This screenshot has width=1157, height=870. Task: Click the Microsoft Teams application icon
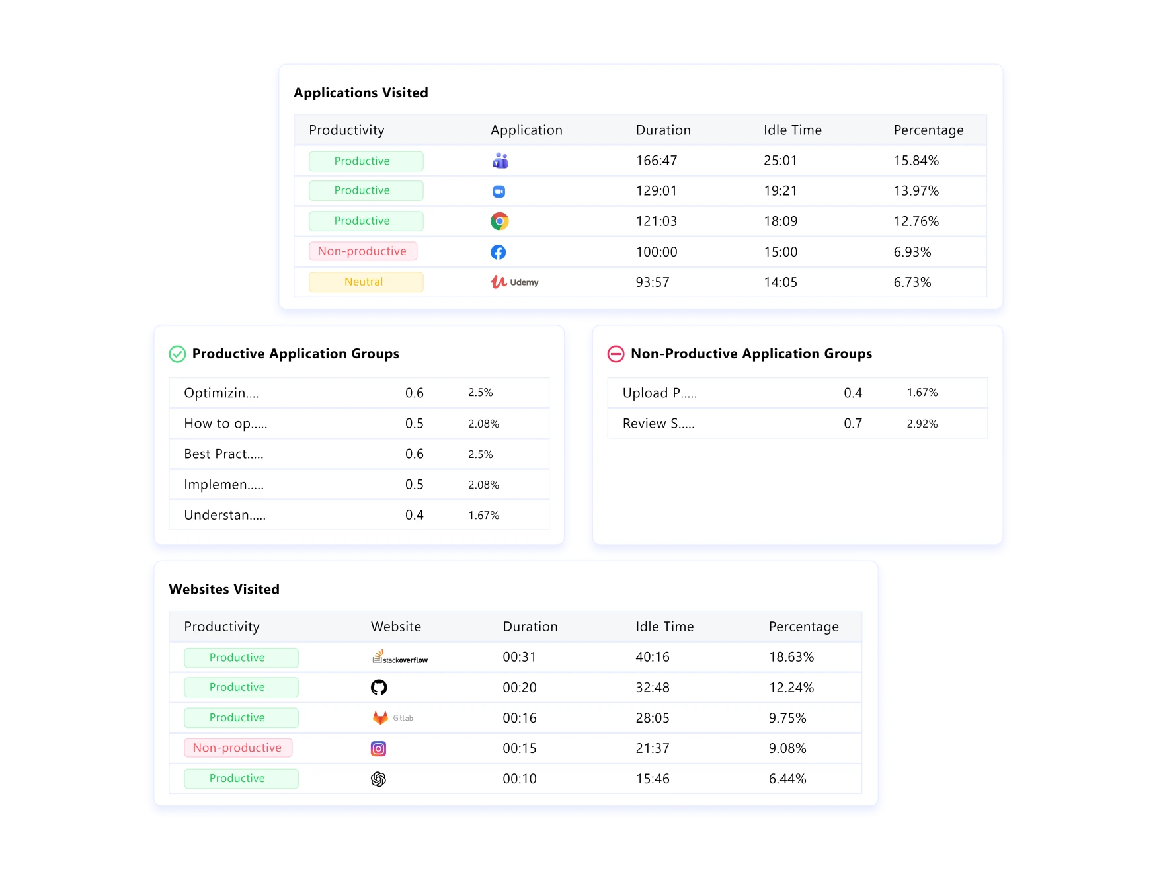tap(500, 161)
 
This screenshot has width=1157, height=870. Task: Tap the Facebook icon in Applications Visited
tap(499, 252)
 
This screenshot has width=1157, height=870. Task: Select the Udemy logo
tap(514, 282)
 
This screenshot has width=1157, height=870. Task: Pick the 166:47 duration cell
tap(656, 161)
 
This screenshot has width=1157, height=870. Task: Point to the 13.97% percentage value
tap(916, 191)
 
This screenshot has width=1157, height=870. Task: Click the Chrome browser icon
tap(499, 221)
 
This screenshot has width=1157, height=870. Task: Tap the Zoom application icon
tap(499, 192)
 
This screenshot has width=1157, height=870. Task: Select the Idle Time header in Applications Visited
tap(792, 130)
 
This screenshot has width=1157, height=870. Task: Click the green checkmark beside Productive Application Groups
tap(177, 354)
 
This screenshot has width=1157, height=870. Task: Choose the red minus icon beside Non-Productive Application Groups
tap(616, 354)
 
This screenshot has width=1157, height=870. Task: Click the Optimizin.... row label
tap(221, 393)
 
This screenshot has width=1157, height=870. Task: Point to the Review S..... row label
tap(658, 424)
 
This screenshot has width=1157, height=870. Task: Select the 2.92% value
tap(922, 424)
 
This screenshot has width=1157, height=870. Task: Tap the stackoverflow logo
tap(400, 657)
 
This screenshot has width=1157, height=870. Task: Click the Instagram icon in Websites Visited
tap(378, 748)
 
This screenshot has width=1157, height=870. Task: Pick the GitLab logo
tap(393, 718)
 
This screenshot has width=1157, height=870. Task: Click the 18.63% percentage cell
tap(791, 657)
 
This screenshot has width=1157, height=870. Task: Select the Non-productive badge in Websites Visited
tap(238, 748)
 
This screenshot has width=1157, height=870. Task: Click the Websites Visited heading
tap(224, 589)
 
